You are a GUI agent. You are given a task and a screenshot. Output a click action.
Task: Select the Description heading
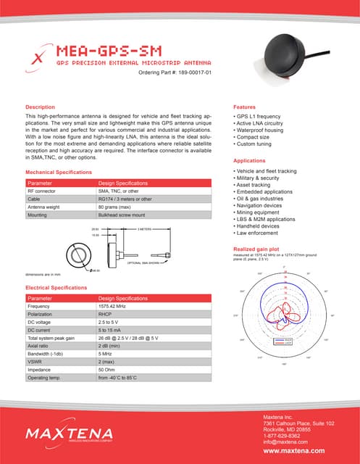tap(41, 107)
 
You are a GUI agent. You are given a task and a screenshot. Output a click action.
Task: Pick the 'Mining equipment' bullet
tap(262, 213)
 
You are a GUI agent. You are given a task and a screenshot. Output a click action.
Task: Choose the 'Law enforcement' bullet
tap(261, 234)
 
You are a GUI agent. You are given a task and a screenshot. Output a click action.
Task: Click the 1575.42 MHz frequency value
tap(118, 306)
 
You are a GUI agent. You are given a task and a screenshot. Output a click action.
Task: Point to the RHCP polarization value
tap(106, 314)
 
